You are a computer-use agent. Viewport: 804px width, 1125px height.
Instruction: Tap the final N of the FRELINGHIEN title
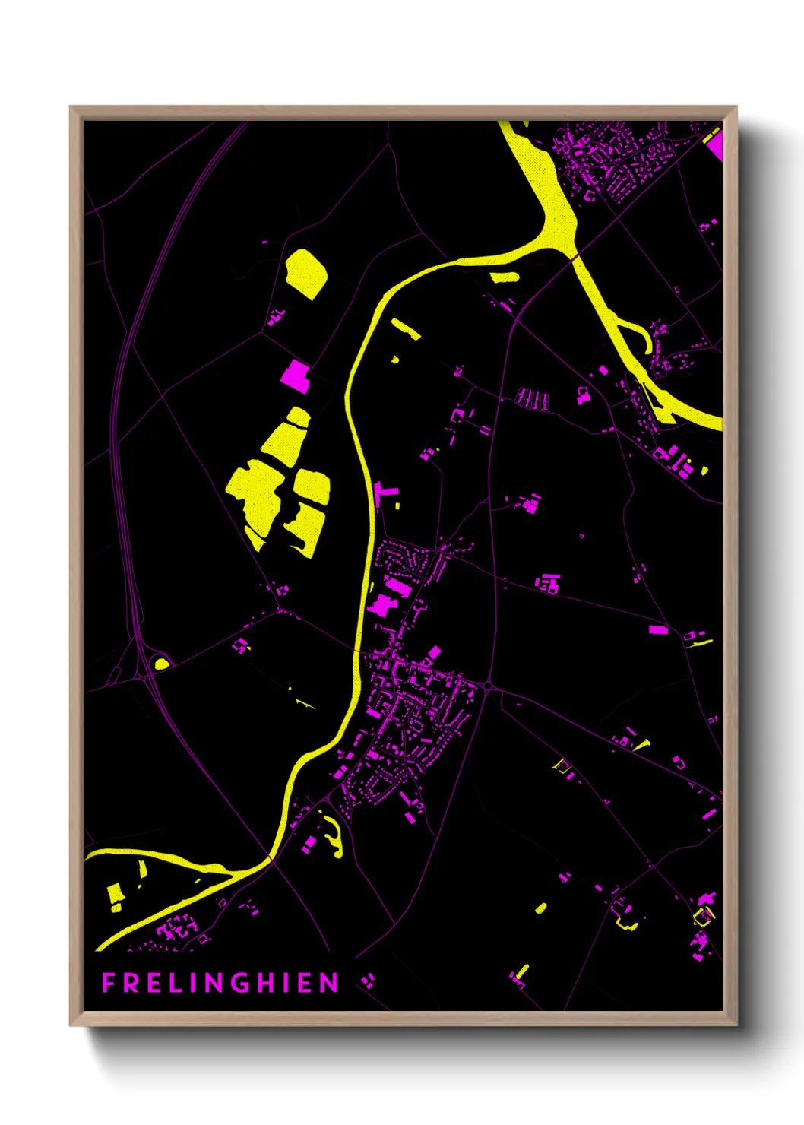click(x=329, y=983)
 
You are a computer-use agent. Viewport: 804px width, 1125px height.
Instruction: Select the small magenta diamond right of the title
click(x=368, y=981)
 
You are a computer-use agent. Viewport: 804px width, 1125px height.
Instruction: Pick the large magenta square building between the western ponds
click(x=296, y=376)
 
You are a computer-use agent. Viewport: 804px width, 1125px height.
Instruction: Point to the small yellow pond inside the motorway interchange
click(x=161, y=663)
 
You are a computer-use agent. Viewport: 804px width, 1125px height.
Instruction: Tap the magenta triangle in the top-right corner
click(x=714, y=142)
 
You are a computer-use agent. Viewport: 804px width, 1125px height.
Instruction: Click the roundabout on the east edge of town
click(x=487, y=687)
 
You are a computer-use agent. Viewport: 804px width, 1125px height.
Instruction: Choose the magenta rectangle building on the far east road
click(x=658, y=629)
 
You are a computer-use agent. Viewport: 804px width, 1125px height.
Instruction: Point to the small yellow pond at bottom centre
click(x=540, y=908)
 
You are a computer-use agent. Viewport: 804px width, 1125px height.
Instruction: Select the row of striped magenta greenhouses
click(x=533, y=398)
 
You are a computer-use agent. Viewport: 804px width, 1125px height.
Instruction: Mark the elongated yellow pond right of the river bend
click(x=406, y=328)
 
